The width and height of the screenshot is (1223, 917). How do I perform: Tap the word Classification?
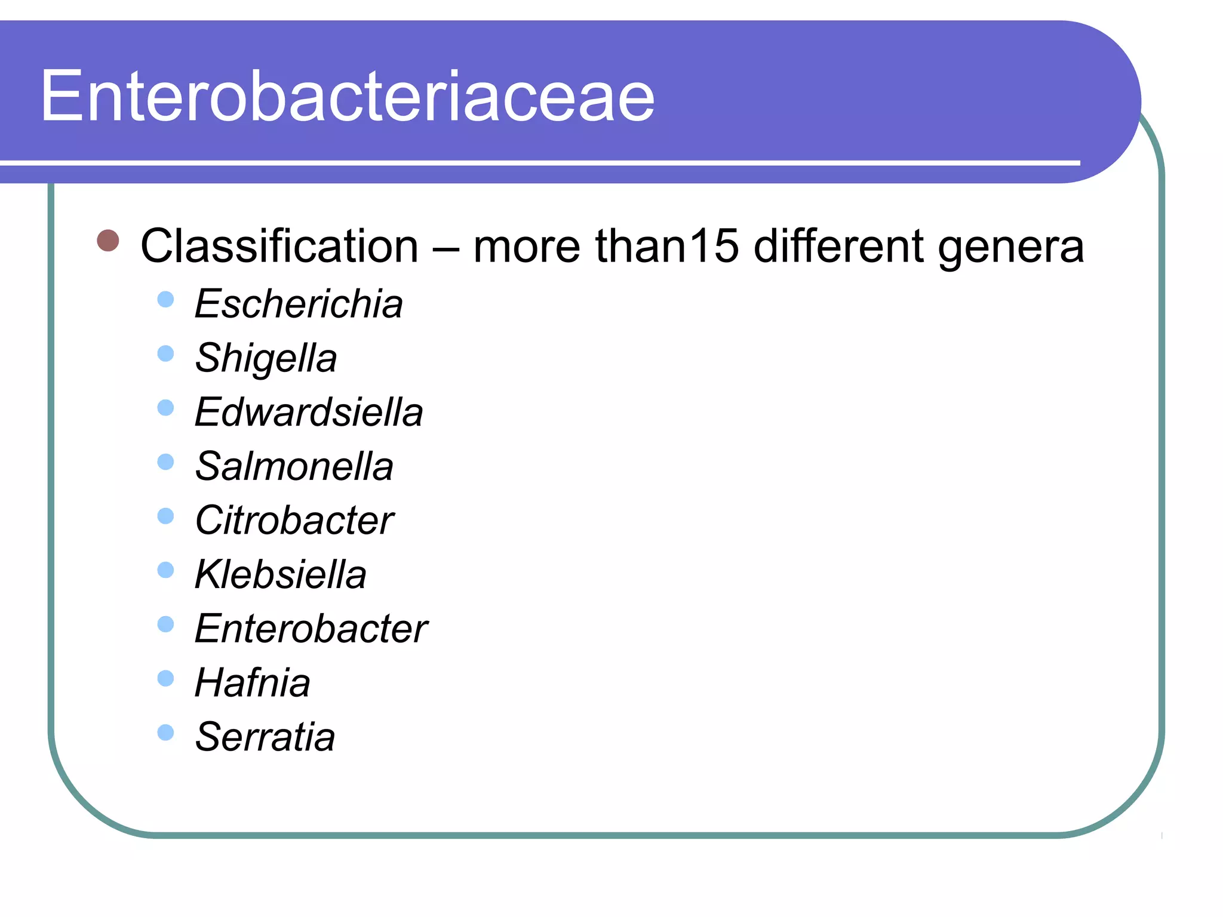[279, 246]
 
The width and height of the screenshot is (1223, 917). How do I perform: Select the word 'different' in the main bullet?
[838, 246]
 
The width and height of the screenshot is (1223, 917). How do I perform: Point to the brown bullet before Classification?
[108, 241]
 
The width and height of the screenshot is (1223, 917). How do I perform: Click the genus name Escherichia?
[299, 304]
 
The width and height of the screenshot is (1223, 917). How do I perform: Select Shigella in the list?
[266, 358]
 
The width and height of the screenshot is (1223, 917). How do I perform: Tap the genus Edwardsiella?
[309, 412]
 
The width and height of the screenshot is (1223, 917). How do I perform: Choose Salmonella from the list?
[294, 466]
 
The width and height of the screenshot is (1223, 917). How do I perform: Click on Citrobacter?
[294, 520]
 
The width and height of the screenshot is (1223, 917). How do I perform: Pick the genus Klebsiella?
[281, 574]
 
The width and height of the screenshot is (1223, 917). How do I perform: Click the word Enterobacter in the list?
[311, 629]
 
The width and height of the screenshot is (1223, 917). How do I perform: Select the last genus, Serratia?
[265, 737]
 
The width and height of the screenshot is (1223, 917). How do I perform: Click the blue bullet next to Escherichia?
[165, 299]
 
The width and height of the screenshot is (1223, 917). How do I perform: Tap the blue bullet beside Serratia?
[165, 733]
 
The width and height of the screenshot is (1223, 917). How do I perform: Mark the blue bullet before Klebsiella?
[165, 570]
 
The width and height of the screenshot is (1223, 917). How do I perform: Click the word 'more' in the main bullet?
[526, 246]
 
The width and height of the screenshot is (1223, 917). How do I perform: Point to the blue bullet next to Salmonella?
[165, 462]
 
